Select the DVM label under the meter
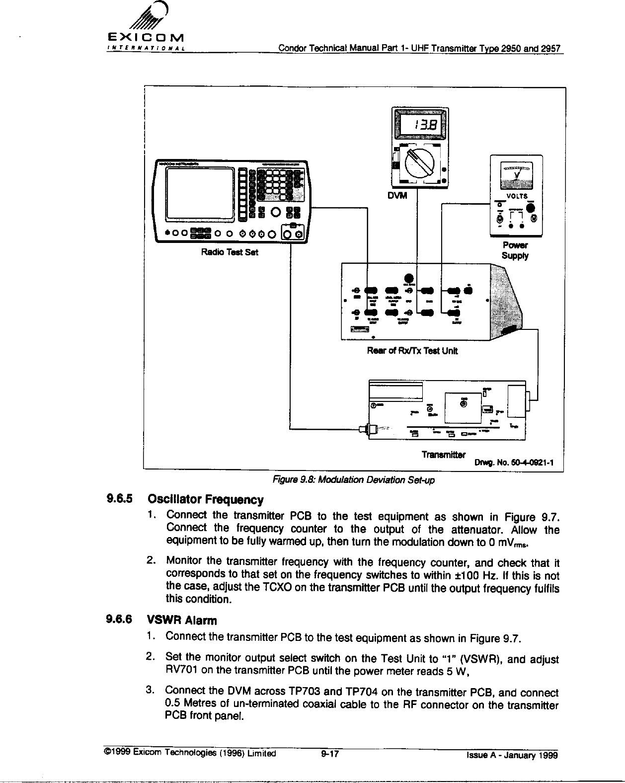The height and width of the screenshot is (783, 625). pos(398,196)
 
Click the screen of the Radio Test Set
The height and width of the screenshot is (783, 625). pos(200,194)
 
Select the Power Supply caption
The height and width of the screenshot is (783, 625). pos(515,250)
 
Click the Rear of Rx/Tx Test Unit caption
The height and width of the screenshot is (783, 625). pos(412,351)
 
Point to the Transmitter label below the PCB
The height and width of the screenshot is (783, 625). pos(443,455)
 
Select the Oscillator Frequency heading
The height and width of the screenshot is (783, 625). pos(205,499)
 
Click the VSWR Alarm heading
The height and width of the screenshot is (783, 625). pos(181,621)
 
